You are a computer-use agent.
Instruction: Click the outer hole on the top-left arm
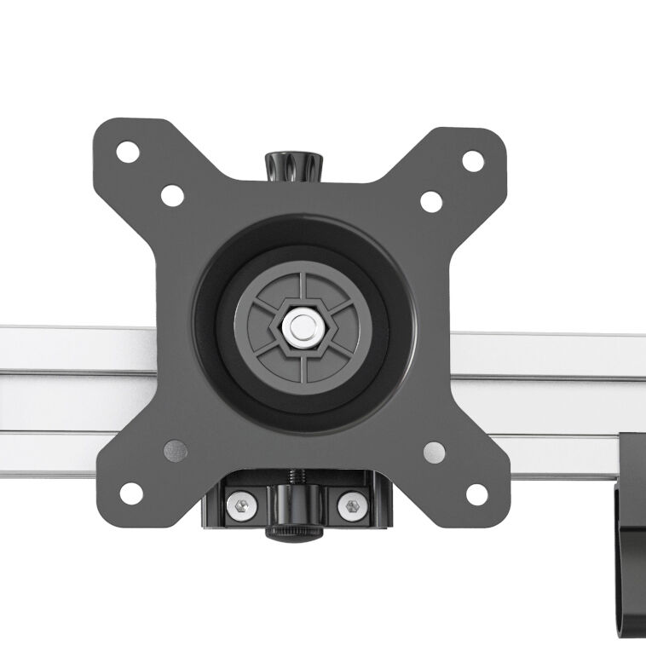[x=128, y=153]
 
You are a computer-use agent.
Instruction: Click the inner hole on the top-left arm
[x=172, y=195]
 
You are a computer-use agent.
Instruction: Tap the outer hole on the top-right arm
[x=473, y=159]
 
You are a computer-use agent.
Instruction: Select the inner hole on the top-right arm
[x=431, y=201]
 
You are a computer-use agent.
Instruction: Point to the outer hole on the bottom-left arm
[x=130, y=493]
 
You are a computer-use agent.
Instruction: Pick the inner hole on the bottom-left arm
[x=174, y=449]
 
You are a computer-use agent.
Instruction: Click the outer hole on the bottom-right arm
[x=477, y=493]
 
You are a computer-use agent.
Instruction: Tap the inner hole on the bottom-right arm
[x=434, y=451]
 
